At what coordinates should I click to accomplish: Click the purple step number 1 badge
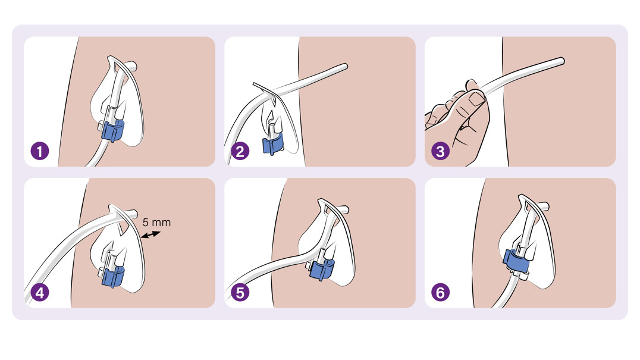(40, 151)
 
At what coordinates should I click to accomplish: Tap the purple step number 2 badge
(240, 151)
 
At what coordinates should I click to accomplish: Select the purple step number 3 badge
(440, 151)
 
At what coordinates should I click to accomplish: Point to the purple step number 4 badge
(40, 292)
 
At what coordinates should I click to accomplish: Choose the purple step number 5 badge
(240, 292)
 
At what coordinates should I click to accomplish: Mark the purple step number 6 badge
(440, 292)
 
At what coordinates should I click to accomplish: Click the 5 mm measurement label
(157, 223)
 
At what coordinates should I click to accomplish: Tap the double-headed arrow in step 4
(150, 234)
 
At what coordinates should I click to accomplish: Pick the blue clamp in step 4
(112, 276)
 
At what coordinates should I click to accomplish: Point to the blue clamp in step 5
(322, 269)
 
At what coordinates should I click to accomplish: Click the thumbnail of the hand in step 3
(476, 98)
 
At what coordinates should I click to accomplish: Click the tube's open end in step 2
(346, 66)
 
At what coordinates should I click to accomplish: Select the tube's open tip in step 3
(563, 61)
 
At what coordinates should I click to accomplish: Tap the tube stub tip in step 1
(134, 65)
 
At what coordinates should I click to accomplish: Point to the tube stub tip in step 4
(136, 213)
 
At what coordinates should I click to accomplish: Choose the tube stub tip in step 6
(547, 205)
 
